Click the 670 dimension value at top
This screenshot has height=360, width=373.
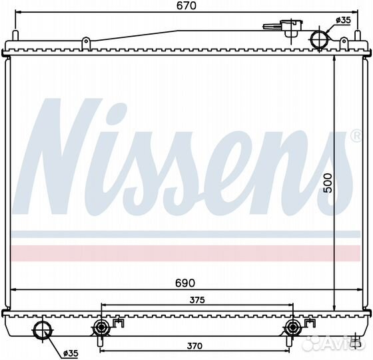186,5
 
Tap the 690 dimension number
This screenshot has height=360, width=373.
185,283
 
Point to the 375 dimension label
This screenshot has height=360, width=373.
197,300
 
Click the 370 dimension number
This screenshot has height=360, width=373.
194,346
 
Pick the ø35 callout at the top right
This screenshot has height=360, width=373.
343,21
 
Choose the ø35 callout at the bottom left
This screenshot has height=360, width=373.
71,353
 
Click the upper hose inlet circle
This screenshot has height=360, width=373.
320,40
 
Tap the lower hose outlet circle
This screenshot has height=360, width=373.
43,330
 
